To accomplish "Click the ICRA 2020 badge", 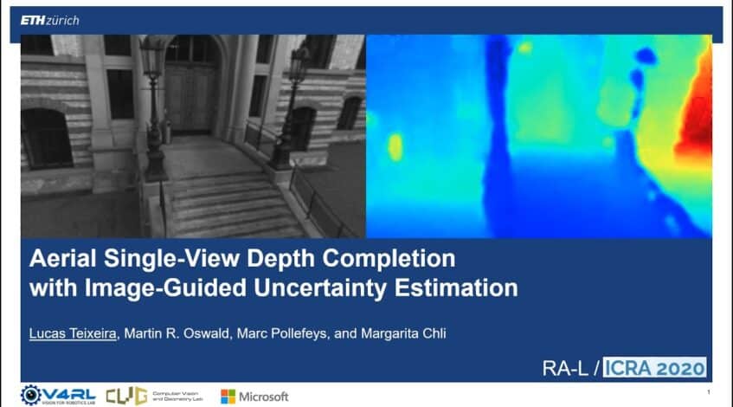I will pos(654,367).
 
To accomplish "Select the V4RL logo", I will pos(56,395).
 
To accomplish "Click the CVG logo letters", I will pos(125,396).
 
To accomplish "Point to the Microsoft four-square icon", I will pos(228,396).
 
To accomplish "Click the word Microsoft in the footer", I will pos(264,396).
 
